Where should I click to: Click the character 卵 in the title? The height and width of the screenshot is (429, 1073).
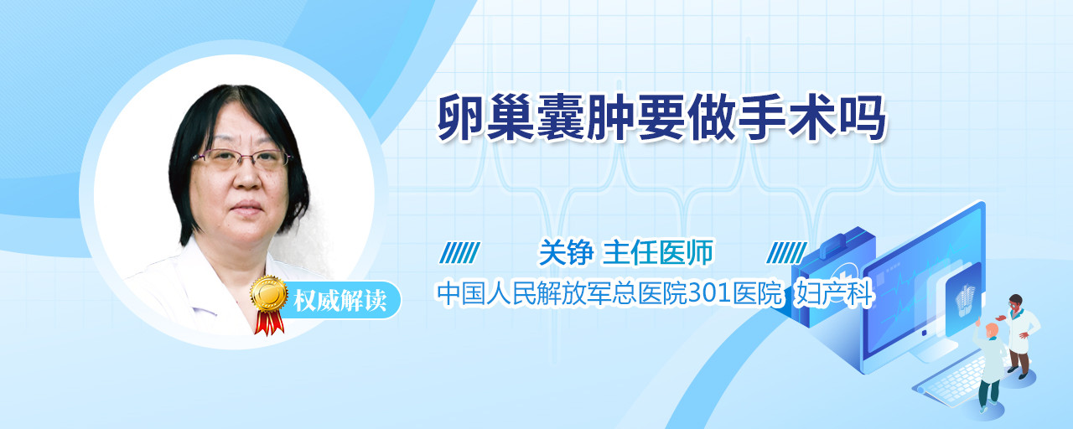461,118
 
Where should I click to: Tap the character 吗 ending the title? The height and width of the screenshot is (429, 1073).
863,118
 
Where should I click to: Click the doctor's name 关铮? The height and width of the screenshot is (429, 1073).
566,252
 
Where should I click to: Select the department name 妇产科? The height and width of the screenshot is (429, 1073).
834,294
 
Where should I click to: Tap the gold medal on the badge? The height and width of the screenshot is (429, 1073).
269,294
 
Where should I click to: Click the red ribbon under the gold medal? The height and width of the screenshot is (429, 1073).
269,322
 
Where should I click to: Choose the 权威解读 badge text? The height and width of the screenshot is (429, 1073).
340,301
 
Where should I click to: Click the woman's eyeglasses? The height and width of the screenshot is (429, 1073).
242,158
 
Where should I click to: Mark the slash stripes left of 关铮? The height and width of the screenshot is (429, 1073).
459,252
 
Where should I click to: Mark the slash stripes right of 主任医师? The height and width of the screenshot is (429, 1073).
786,252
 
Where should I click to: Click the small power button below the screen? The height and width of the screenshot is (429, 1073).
924,333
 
